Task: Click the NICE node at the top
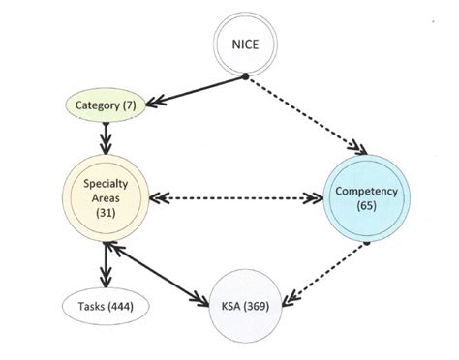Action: pyautogui.click(x=244, y=43)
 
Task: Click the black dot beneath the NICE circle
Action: pyautogui.click(x=245, y=75)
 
